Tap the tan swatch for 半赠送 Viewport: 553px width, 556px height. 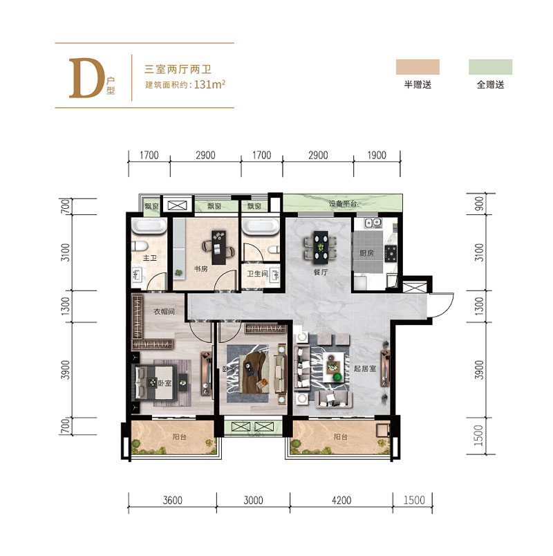pos(418,66)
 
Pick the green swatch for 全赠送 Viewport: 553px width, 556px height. pos(490,66)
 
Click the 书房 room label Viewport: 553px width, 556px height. pos(200,270)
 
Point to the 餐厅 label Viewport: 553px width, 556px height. pos(319,272)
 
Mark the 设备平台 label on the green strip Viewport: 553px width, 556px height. pos(343,204)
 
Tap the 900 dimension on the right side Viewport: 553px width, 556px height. pos(478,205)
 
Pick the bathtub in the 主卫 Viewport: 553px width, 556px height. pos(147,228)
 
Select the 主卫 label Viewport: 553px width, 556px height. pos(149,259)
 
